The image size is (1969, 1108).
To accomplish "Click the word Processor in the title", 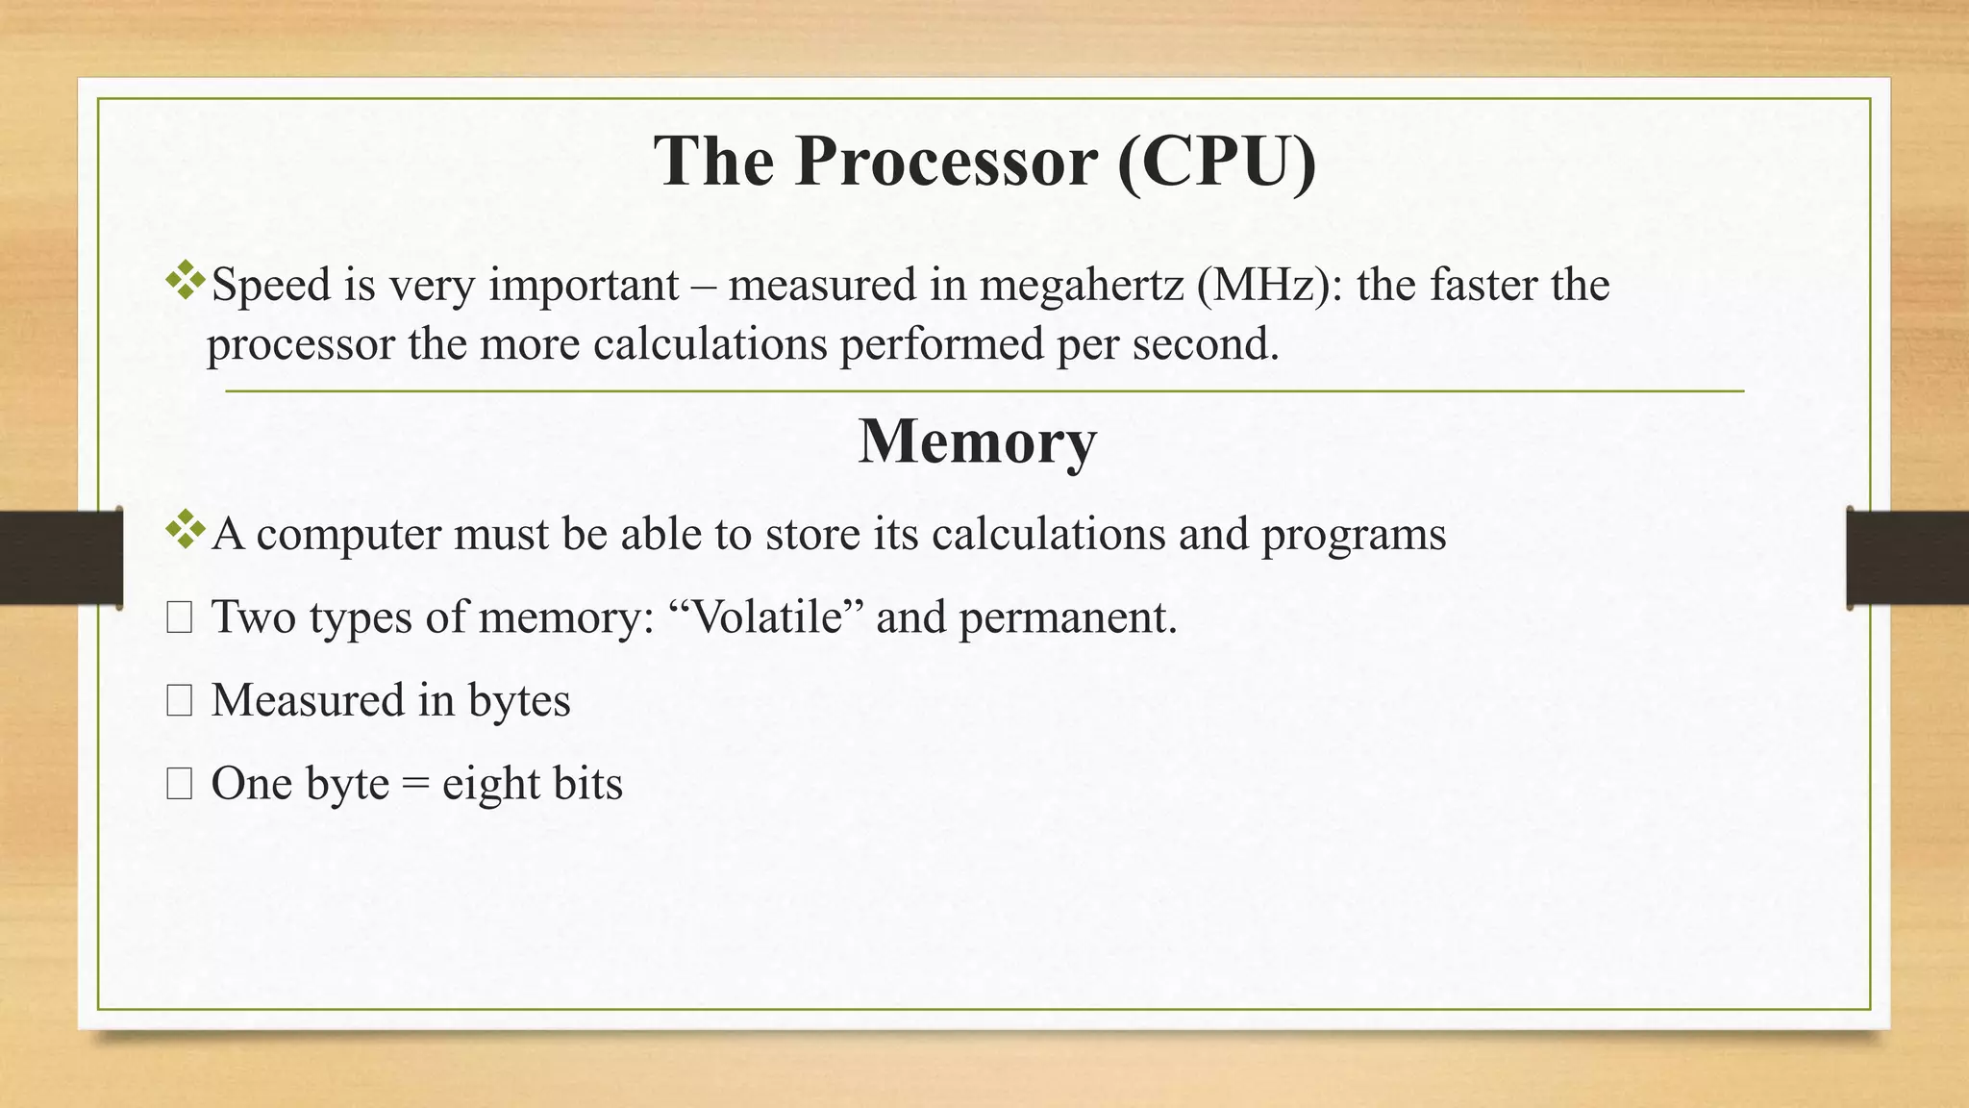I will coord(946,162).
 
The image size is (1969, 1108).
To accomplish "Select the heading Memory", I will coord(977,441).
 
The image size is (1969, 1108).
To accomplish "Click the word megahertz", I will coord(1082,286).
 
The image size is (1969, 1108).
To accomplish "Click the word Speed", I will coord(270,286).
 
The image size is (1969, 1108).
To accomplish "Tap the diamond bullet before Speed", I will coord(185,280).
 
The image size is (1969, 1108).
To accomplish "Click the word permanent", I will coord(1067,617).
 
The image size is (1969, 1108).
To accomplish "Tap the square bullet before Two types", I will coord(179,618).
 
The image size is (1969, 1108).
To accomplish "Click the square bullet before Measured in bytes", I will coord(179,701).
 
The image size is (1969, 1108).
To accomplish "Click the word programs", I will coord(1353,535).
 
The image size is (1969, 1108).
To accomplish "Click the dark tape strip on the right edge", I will coord(1907,558).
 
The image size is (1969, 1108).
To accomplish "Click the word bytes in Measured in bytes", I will coord(519,701).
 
